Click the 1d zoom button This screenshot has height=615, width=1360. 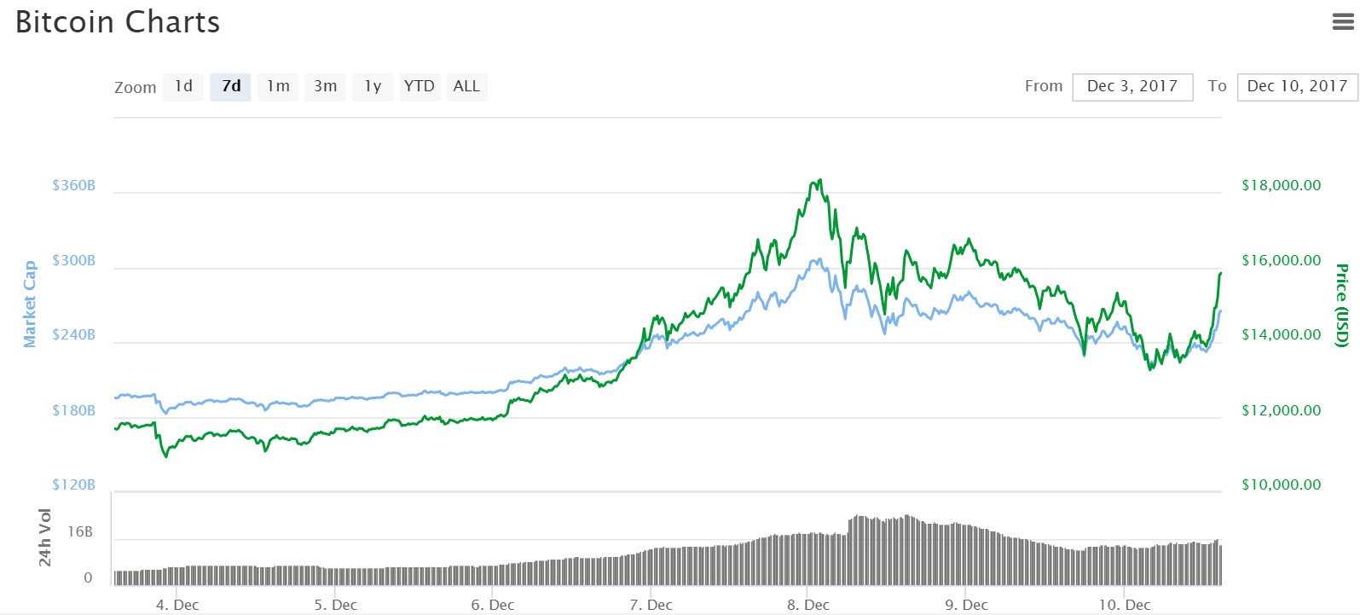coord(183,86)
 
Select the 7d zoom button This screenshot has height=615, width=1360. coord(231,86)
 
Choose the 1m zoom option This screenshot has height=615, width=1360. coord(278,86)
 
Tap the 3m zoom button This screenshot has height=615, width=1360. coord(325,86)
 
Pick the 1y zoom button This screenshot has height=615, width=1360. coord(373,86)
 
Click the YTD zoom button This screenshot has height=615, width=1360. coord(419,86)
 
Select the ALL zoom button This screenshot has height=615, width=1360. coord(466,86)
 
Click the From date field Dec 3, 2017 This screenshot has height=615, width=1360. coord(1132,86)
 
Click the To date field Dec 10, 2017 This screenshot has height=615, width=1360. coord(1297,86)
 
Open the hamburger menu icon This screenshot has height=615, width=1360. coord(1343,22)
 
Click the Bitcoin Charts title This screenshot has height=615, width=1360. coord(118,22)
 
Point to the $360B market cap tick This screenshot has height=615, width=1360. coord(73,185)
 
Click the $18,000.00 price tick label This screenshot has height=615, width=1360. coord(1281,185)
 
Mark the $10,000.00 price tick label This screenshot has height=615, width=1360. coord(1281,484)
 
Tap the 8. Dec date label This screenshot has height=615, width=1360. coord(807,605)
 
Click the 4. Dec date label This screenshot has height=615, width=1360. coord(177,605)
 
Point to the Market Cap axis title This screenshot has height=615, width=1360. coord(30,304)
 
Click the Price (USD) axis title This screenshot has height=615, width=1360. coord(1342,305)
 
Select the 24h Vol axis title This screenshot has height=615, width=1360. coord(45,537)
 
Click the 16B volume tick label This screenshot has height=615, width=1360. coord(80,531)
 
